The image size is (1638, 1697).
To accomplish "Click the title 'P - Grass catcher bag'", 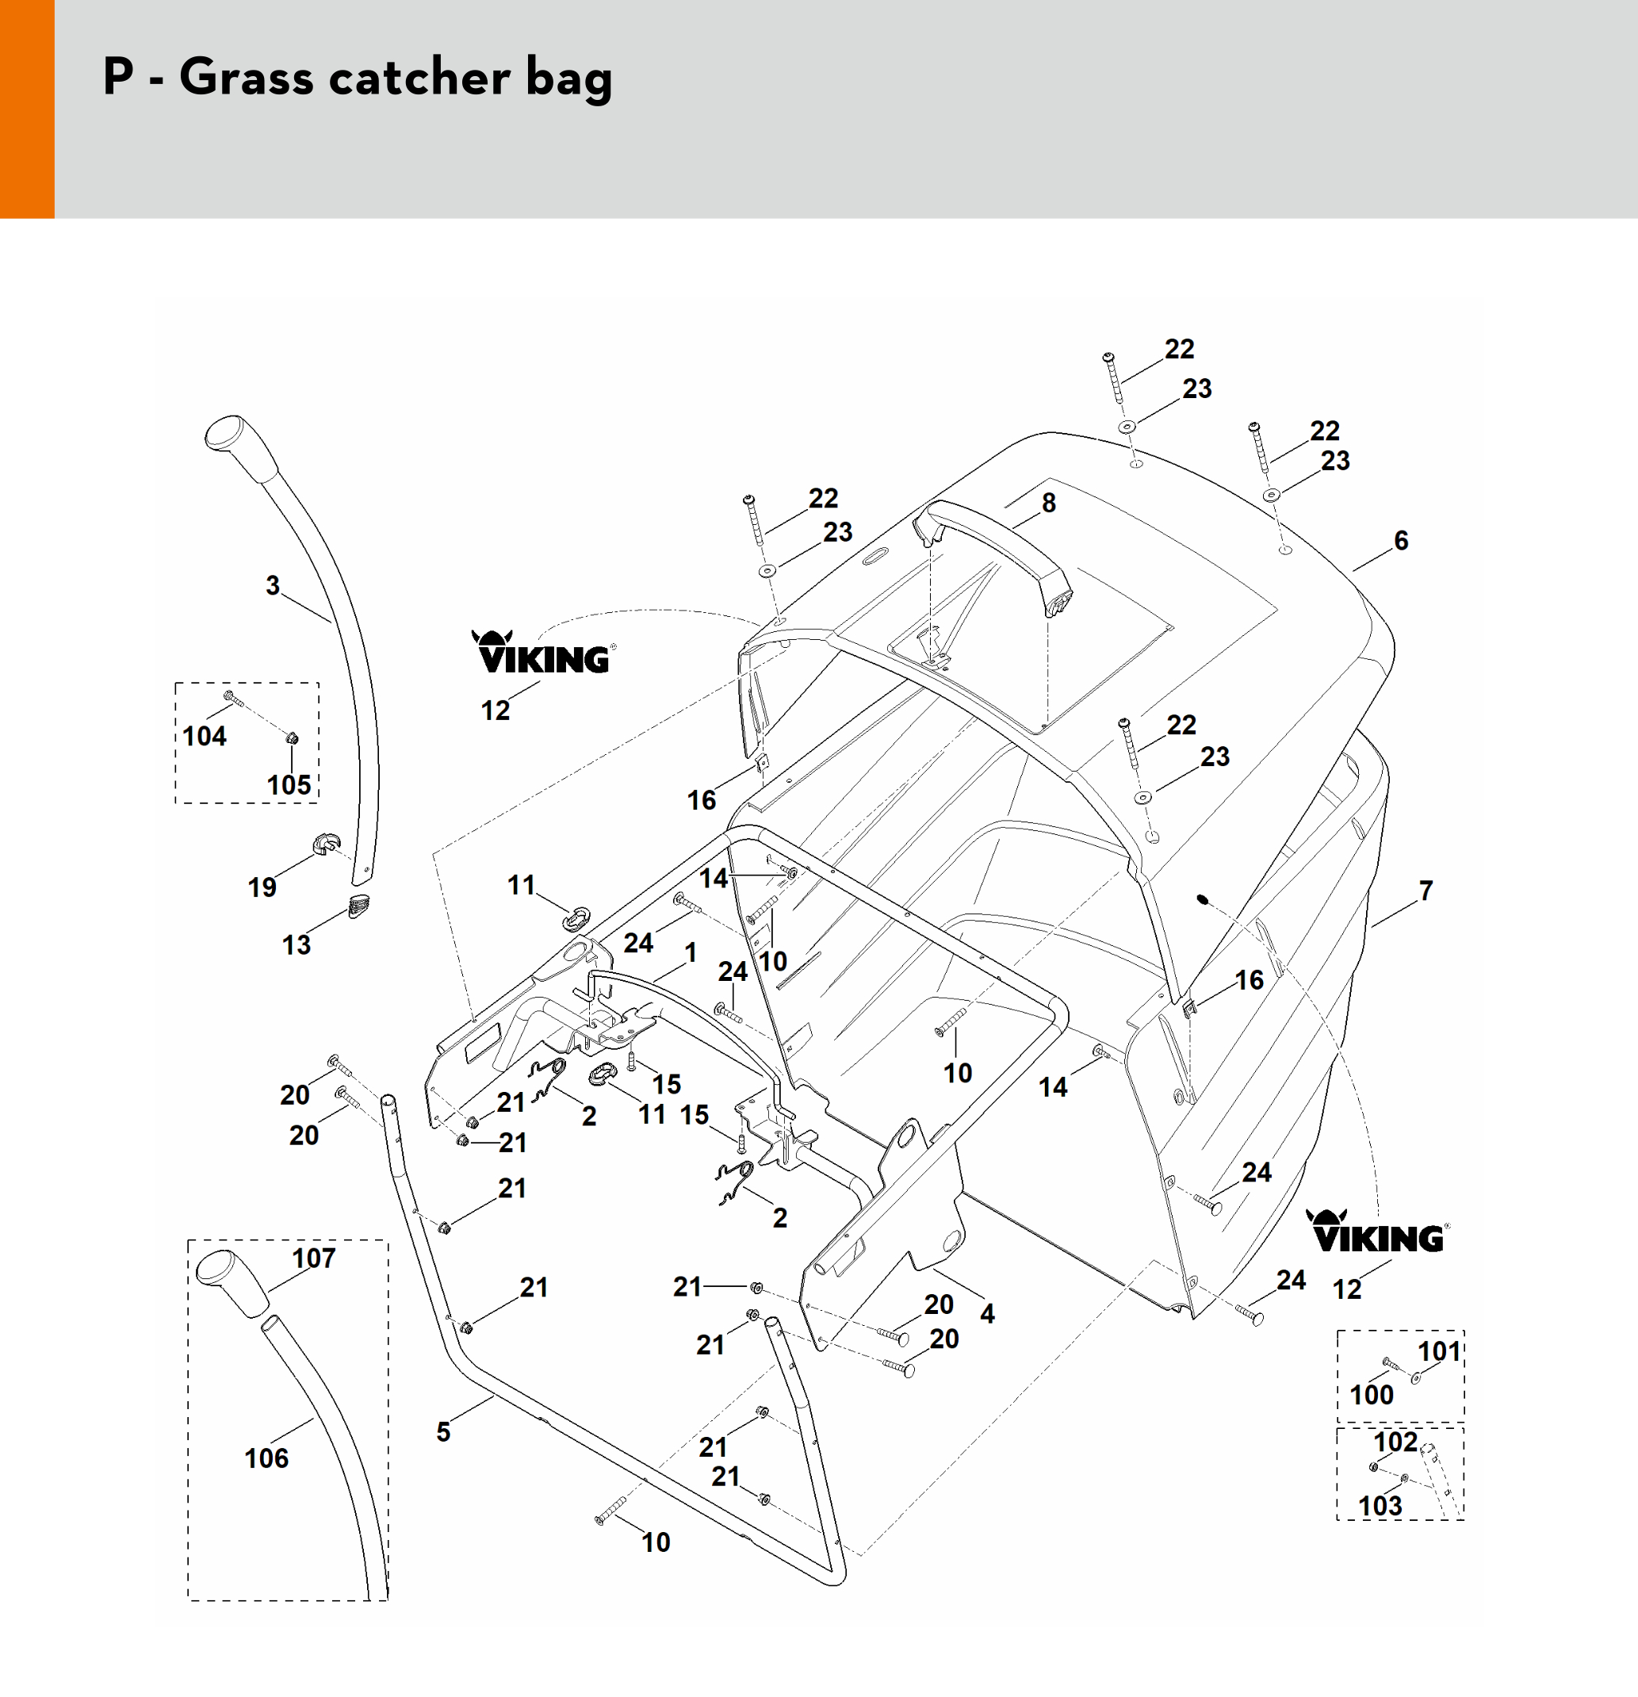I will point(357,77).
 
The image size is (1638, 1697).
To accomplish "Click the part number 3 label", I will point(273,586).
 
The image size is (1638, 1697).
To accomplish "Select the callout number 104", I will point(205,736).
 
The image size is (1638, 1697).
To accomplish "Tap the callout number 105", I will point(289,784).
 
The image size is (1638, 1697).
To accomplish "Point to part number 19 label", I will point(262,887).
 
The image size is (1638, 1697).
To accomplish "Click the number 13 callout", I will point(296,944).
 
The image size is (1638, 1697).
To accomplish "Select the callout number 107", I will point(313,1258).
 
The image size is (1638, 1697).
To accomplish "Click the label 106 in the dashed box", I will point(266,1459).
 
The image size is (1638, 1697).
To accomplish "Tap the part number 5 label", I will point(443,1432).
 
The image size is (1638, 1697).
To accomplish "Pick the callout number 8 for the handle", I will point(1048,503).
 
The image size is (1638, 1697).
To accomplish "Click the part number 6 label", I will point(1401,541).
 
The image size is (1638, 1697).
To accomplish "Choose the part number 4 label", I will point(987,1313).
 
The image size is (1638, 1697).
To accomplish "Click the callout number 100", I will point(1372,1395).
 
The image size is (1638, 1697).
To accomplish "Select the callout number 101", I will point(1439,1351).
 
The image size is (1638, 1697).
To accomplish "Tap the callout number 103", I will point(1380,1506).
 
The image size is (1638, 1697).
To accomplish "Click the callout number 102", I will point(1395,1442).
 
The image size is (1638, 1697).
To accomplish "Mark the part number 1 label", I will point(691,952).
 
